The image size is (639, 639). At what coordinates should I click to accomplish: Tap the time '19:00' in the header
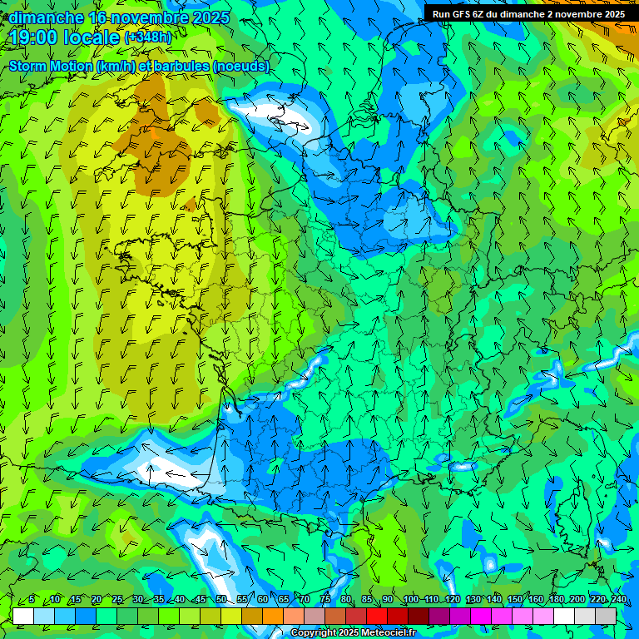(x=37, y=37)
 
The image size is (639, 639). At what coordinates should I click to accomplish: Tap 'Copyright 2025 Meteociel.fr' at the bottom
(x=353, y=633)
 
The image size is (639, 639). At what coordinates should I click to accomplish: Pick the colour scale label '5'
(x=32, y=600)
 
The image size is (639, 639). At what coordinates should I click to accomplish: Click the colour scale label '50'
(x=221, y=600)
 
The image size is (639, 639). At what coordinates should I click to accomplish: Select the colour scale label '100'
(x=410, y=600)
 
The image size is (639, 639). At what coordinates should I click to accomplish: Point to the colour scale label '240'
(x=619, y=600)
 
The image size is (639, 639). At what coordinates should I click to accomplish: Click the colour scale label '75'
(x=326, y=600)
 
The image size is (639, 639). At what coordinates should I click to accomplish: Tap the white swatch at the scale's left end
(x=23, y=616)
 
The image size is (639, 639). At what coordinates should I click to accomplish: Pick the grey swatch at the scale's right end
(x=606, y=616)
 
